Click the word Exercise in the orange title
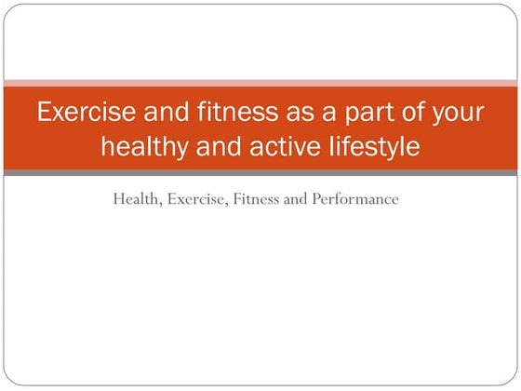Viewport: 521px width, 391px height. [x=84, y=114]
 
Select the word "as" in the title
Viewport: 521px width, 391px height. [x=291, y=114]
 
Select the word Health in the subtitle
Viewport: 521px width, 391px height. [x=135, y=198]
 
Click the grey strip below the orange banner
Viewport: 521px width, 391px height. [x=260, y=172]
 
